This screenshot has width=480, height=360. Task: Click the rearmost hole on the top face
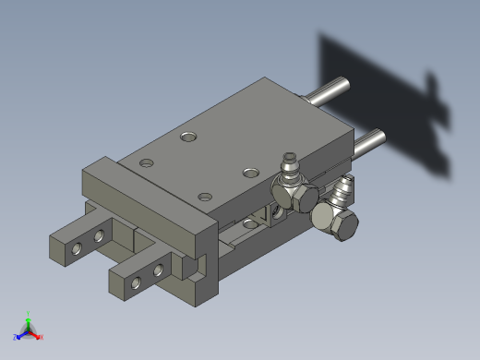[x=189, y=137]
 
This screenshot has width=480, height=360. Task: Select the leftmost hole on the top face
[x=146, y=163]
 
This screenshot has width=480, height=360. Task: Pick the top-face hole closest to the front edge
[x=205, y=197]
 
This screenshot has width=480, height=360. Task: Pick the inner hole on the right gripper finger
[x=158, y=270]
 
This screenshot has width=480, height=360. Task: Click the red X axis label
[x=42, y=338]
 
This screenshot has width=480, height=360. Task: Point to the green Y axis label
[x=29, y=314]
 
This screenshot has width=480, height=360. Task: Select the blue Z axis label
[x=16, y=338]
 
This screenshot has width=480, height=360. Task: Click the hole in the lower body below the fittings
[x=250, y=224]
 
